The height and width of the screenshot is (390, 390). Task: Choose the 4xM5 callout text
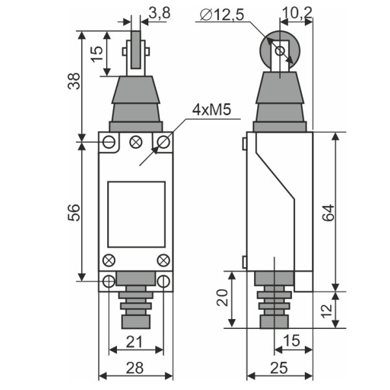pos(211,110)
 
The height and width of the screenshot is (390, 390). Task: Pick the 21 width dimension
pos(135,343)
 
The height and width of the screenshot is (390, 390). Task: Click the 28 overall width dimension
pos(135,369)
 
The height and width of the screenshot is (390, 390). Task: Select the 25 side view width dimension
pos(280,369)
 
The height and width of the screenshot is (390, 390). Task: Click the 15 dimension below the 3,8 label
pos(96,54)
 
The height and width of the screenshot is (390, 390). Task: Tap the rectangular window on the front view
pos(135,213)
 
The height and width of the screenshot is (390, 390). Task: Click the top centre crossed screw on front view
pos(136,141)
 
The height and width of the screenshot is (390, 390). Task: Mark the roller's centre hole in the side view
pos(279,50)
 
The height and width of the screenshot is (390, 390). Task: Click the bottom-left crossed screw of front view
pos(109,261)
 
